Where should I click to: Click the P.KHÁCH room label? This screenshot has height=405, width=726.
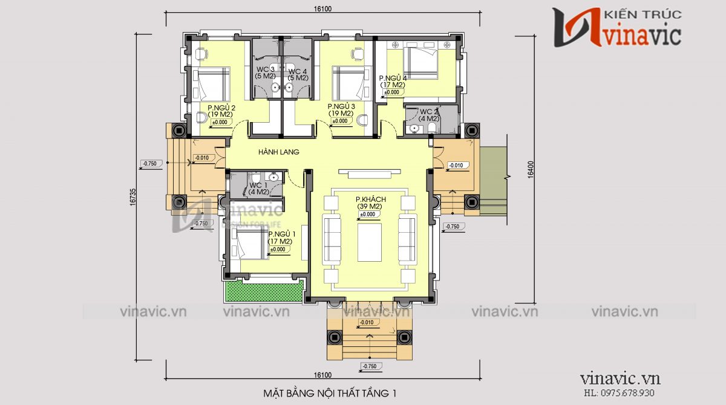pyautogui.click(x=370, y=199)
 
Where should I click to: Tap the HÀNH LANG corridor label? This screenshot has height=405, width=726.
pyautogui.click(x=279, y=152)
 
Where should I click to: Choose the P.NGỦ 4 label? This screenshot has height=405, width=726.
pyautogui.click(x=393, y=79)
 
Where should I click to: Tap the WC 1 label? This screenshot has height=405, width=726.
pyautogui.click(x=259, y=185)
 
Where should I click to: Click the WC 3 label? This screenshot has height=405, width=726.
pyautogui.click(x=264, y=70)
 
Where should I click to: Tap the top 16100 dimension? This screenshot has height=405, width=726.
pyautogui.click(x=322, y=9)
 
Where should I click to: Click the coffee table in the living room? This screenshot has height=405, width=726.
pyautogui.click(x=369, y=242)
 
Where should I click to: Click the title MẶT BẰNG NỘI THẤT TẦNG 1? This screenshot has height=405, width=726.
pyautogui.click(x=330, y=394)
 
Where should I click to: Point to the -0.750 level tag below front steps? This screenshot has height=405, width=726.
pyautogui.click(x=370, y=366)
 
